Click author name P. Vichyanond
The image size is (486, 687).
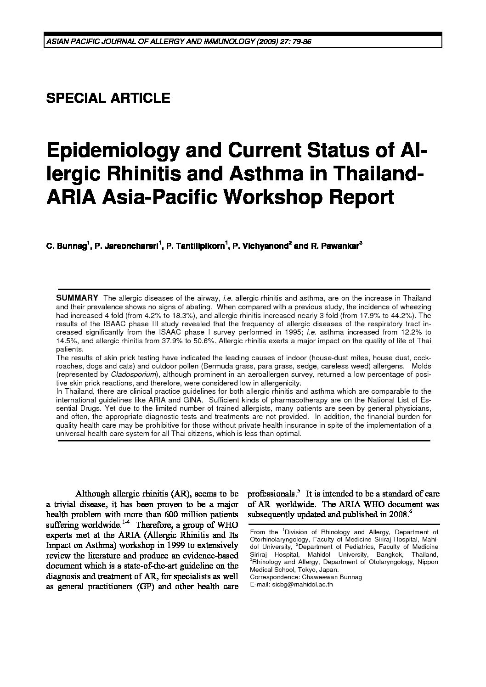tap(260, 246)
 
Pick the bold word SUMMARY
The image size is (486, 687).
tap(77, 298)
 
